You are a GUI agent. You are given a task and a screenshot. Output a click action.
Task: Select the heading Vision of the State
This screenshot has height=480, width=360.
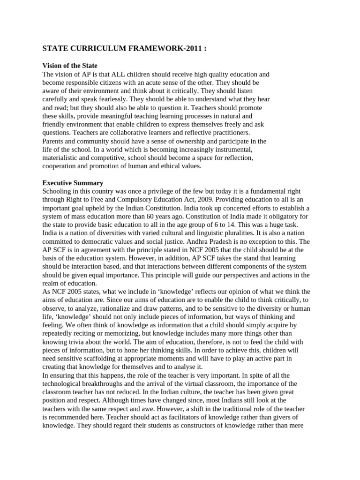70,66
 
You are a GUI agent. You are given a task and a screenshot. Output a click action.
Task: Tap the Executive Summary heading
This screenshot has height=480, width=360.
73,183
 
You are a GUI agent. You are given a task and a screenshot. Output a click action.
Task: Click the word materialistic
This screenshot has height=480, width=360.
61,158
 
